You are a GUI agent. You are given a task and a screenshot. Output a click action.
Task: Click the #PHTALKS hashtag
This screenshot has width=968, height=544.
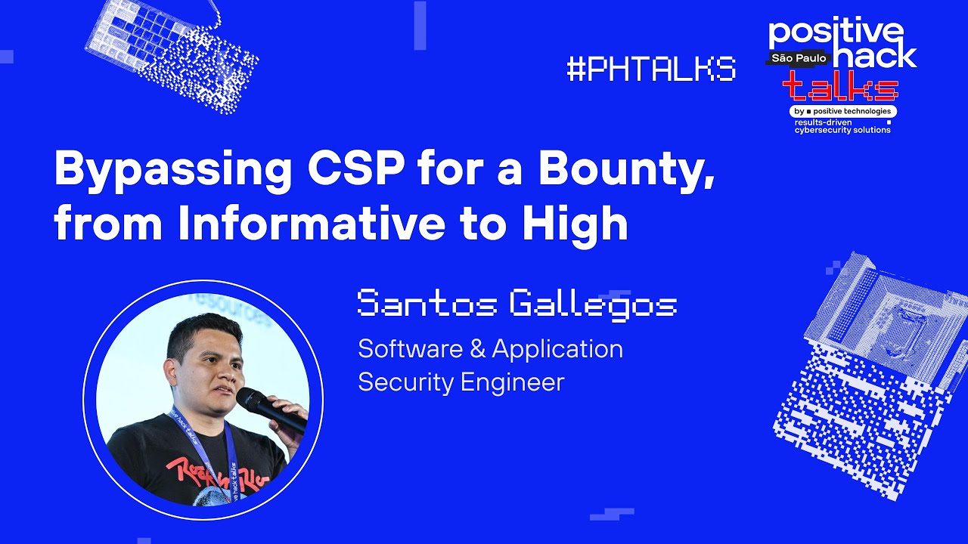pyautogui.click(x=651, y=69)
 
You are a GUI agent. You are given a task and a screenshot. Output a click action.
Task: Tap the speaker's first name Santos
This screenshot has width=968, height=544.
pyautogui.click(x=427, y=304)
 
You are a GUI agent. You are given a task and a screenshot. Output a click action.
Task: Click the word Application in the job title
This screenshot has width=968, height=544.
pyautogui.click(x=557, y=350)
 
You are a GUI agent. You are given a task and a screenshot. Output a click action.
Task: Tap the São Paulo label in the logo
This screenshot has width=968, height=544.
pyautogui.click(x=800, y=58)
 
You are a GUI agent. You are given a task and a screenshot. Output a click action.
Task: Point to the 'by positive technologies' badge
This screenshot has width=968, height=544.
pyautogui.click(x=842, y=111)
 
